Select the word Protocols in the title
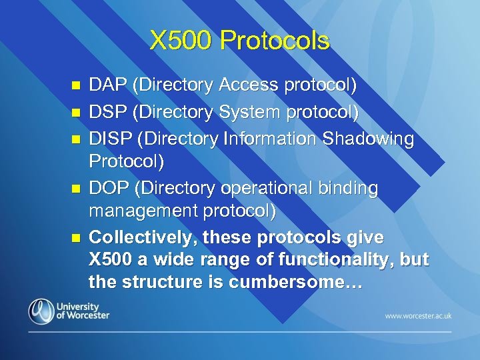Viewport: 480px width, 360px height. pyautogui.click(x=275, y=41)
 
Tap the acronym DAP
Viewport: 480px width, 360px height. pyautogui.click(x=109, y=85)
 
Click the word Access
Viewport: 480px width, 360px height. pyautogui.click(x=250, y=85)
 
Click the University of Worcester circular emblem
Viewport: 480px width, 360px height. pyautogui.click(x=41, y=311)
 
